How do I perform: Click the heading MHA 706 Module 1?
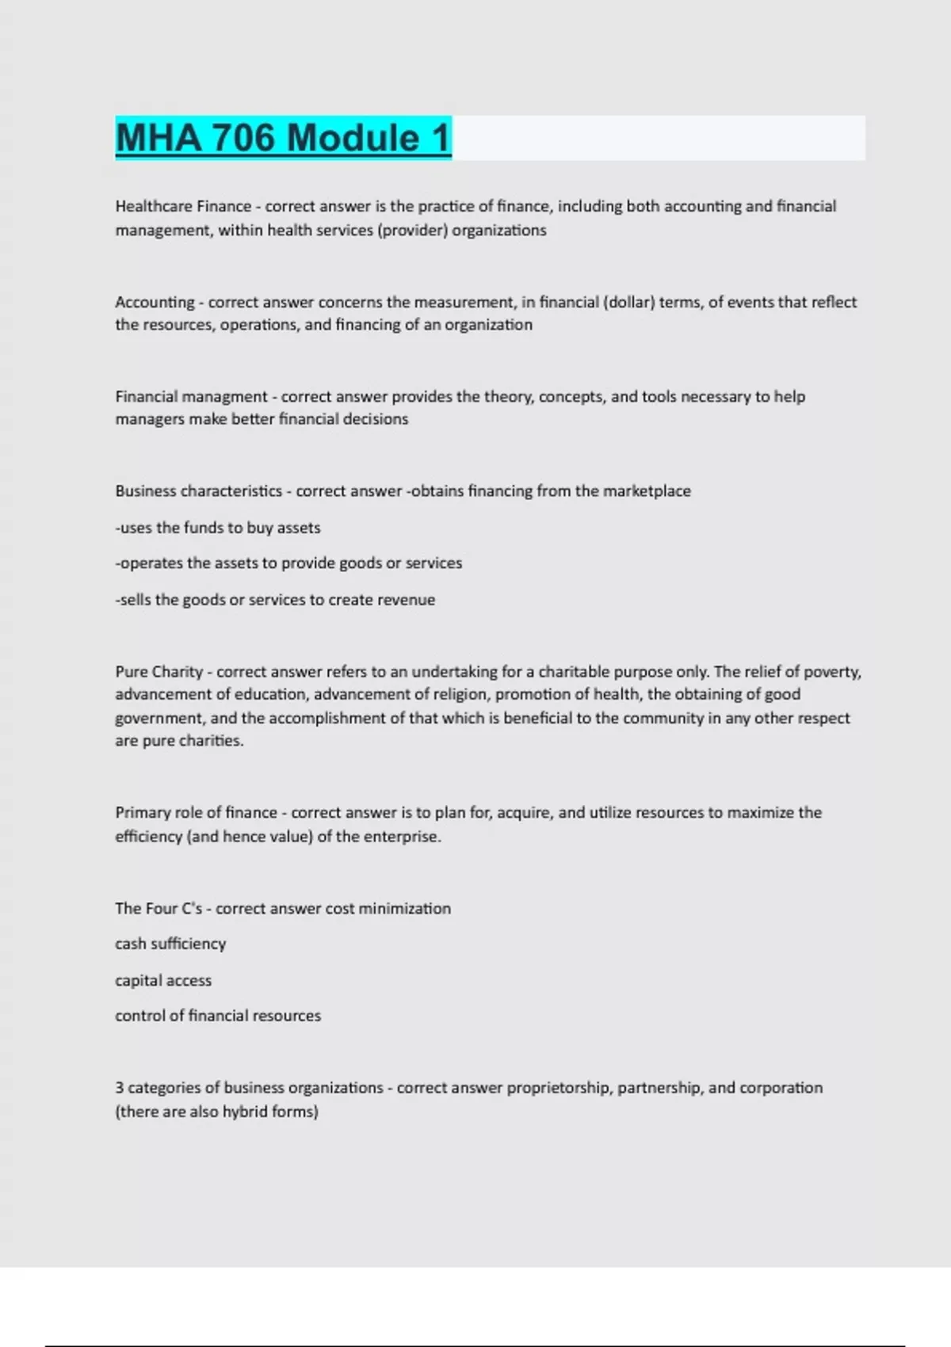[x=283, y=138]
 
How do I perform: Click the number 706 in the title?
[x=243, y=138]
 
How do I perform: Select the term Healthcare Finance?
[x=183, y=207]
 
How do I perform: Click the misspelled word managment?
[x=229, y=396]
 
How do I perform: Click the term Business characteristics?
[x=198, y=491]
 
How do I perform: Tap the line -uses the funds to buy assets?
[x=218, y=528]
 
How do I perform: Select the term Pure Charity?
[x=158, y=672]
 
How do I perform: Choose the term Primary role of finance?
[x=196, y=813]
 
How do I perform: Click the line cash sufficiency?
[x=170, y=944]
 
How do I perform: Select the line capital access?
[x=163, y=981]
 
